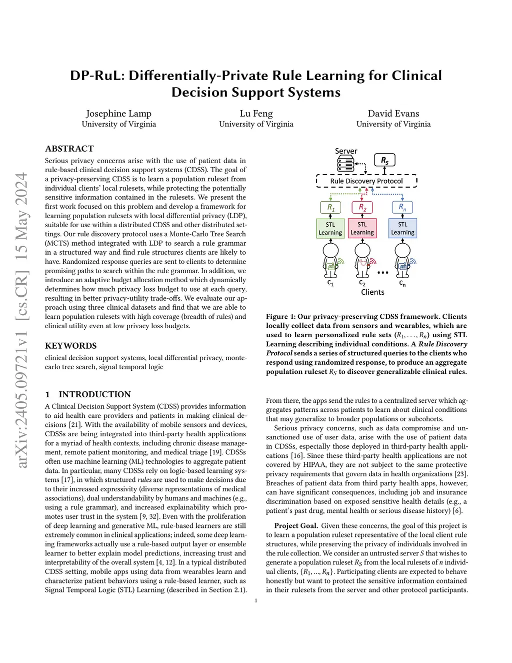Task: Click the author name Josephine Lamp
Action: click(118, 114)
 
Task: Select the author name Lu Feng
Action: click(256, 114)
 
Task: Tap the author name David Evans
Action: click(393, 114)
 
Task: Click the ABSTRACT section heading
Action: click(69, 149)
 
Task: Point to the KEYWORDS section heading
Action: click(71, 346)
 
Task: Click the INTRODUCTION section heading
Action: click(94, 394)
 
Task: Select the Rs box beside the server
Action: click(384, 160)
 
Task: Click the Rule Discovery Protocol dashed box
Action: click(366, 181)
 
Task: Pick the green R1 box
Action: click(330, 207)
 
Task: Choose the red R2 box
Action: click(362, 207)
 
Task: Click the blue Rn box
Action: click(402, 207)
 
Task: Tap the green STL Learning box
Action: click(330, 228)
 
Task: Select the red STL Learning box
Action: click(362, 228)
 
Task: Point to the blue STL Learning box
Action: click(402, 228)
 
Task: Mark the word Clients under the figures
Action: click(372, 292)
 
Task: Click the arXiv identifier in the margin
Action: click(21, 320)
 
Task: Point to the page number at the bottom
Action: click(256, 600)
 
